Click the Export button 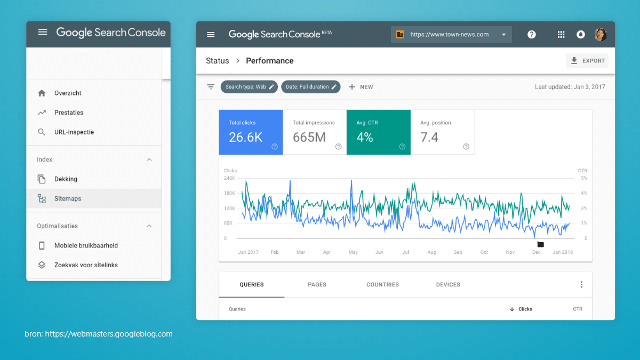tap(587, 61)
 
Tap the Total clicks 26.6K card tap(251, 132)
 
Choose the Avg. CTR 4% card tap(378, 132)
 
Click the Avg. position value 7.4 tap(429, 138)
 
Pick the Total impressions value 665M tap(309, 138)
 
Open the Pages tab tap(317, 285)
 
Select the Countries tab tap(382, 285)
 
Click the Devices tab tap(448, 285)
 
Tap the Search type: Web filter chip tap(249, 87)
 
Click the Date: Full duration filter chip tap(310, 87)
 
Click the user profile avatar tap(601, 35)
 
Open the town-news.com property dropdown tap(451, 35)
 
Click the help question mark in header tap(532, 35)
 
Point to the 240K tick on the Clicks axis tap(229, 178)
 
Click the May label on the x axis tap(353, 252)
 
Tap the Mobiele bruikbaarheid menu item tap(86, 245)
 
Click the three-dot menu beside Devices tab tap(581, 285)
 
